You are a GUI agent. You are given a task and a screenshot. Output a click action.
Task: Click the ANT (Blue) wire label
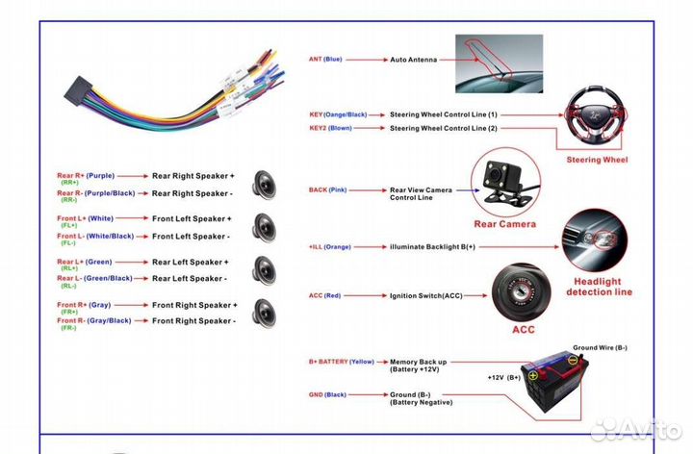[325, 59]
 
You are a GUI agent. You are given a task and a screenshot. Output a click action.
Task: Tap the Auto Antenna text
[413, 60]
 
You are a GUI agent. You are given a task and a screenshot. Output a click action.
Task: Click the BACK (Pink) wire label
[327, 190]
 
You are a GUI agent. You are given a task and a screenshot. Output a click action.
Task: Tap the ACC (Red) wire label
[325, 294]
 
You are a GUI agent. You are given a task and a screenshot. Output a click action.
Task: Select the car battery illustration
[555, 382]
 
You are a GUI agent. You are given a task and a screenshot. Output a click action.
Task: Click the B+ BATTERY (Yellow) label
[341, 362]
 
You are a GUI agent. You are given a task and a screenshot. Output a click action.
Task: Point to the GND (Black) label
[327, 394]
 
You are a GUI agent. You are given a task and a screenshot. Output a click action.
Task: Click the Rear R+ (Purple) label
[86, 176]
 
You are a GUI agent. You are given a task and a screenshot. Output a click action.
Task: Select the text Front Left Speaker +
[192, 219]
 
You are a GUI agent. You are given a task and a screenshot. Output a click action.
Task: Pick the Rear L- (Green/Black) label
[94, 278]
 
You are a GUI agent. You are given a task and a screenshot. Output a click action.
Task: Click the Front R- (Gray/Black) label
[93, 320]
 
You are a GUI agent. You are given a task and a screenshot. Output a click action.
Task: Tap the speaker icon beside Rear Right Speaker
[265, 184]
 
